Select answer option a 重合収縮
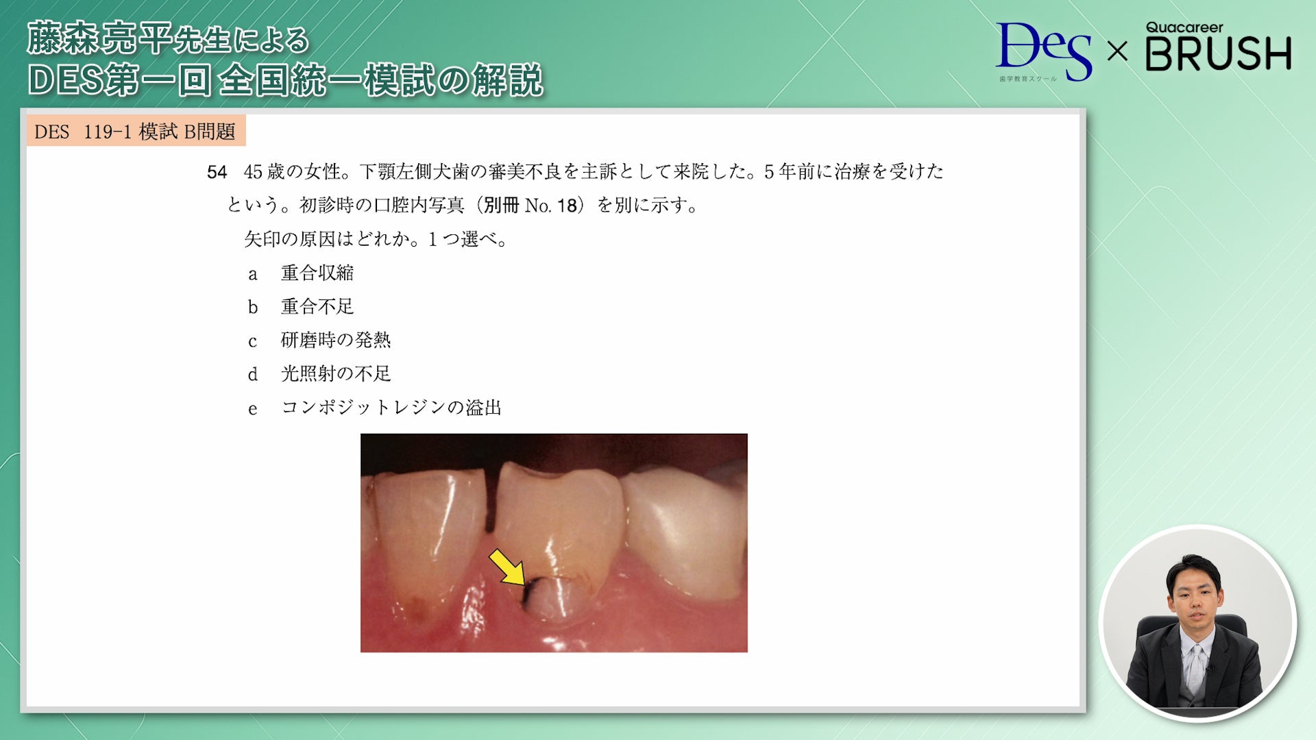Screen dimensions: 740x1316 click(x=317, y=273)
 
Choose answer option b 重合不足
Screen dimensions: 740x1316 click(x=317, y=306)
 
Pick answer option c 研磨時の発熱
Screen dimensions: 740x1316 click(x=335, y=340)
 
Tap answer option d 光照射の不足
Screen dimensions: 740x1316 click(x=335, y=373)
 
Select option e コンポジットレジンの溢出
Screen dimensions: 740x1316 click(x=391, y=408)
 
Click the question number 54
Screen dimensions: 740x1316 click(x=217, y=172)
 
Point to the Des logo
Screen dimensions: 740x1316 click(x=1043, y=51)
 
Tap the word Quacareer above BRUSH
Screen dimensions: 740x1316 click(x=1184, y=27)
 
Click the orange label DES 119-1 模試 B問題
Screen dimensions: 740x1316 click(x=135, y=132)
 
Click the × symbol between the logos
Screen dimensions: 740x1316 click(x=1117, y=51)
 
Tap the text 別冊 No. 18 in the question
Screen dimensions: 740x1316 click(x=529, y=206)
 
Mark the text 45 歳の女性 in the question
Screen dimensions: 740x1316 click(x=293, y=172)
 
